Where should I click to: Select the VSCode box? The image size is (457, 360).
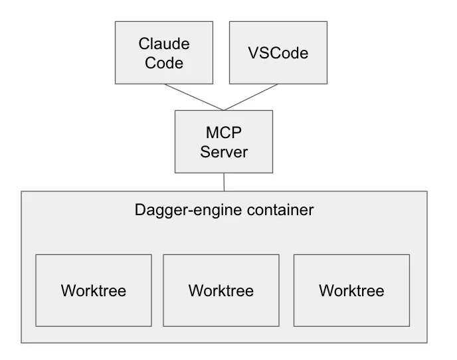coord(278,53)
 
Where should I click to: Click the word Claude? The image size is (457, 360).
coord(164,44)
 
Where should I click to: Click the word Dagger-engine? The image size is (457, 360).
coord(177,211)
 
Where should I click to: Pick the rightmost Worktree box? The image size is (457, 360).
coord(351,290)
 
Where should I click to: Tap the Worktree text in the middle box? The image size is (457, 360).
coord(221,291)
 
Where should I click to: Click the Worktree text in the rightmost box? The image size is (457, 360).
coord(351,291)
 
